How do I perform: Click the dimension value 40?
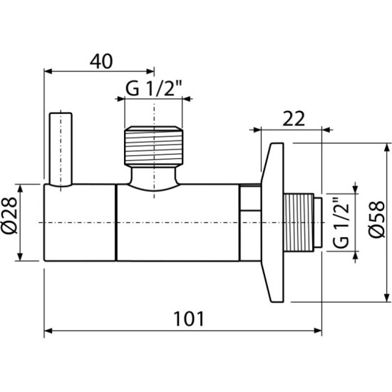101,61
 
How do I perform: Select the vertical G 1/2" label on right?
341,222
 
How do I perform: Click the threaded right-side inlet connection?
302,222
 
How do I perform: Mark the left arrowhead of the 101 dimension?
48,331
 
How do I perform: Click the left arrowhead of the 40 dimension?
48,71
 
